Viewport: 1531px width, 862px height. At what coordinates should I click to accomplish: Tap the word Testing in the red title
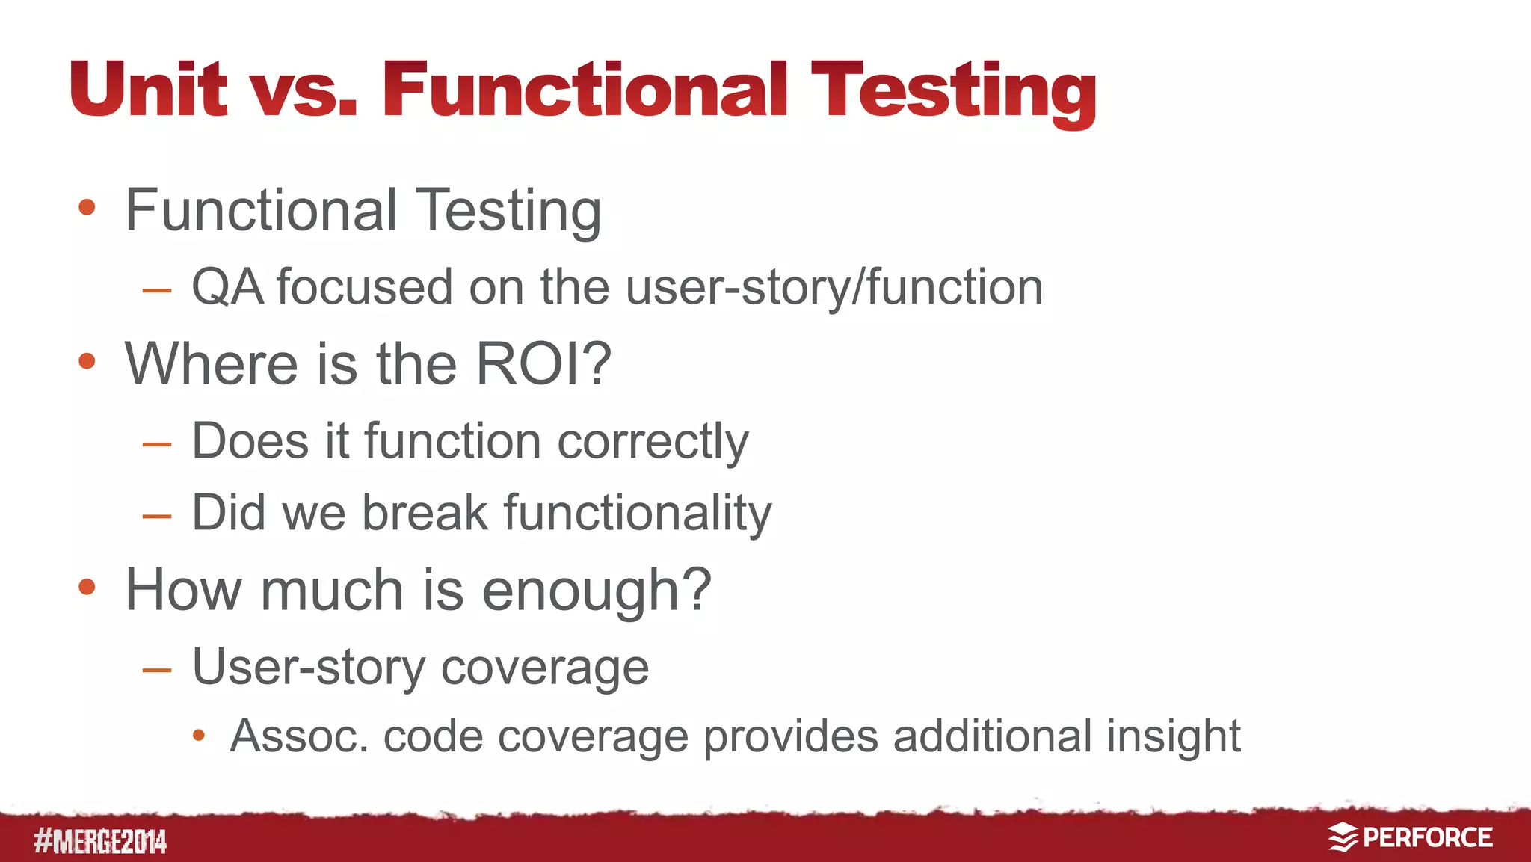click(953, 92)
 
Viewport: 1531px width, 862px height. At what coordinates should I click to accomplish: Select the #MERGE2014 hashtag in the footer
click(100, 842)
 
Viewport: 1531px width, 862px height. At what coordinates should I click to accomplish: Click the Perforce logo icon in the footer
click(1343, 837)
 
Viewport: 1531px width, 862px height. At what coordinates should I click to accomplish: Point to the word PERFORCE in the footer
click(1427, 837)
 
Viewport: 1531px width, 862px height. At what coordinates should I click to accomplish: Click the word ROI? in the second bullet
click(543, 364)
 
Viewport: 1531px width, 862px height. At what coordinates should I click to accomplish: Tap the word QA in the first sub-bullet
click(227, 287)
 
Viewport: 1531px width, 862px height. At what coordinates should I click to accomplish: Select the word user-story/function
click(834, 287)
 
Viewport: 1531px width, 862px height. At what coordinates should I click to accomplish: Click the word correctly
click(653, 441)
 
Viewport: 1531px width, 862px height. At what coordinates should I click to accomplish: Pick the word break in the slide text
click(425, 513)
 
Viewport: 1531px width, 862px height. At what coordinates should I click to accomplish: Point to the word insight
click(1173, 736)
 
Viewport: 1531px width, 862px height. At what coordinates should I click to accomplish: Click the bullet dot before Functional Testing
click(87, 207)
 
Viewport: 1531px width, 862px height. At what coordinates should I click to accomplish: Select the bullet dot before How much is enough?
click(87, 587)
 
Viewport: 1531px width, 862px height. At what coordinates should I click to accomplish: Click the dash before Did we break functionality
click(157, 516)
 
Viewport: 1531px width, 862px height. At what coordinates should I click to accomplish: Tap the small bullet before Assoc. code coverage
click(198, 736)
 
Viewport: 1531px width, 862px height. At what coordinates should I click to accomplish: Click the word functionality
click(638, 513)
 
